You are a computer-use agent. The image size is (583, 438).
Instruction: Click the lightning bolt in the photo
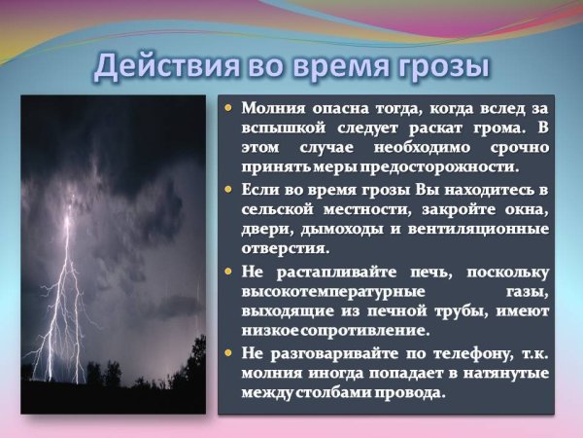click(63, 292)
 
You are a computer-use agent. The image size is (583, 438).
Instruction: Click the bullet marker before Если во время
click(228, 188)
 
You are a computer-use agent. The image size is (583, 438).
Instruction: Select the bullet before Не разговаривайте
click(228, 353)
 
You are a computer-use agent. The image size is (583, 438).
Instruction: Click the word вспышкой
click(282, 128)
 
